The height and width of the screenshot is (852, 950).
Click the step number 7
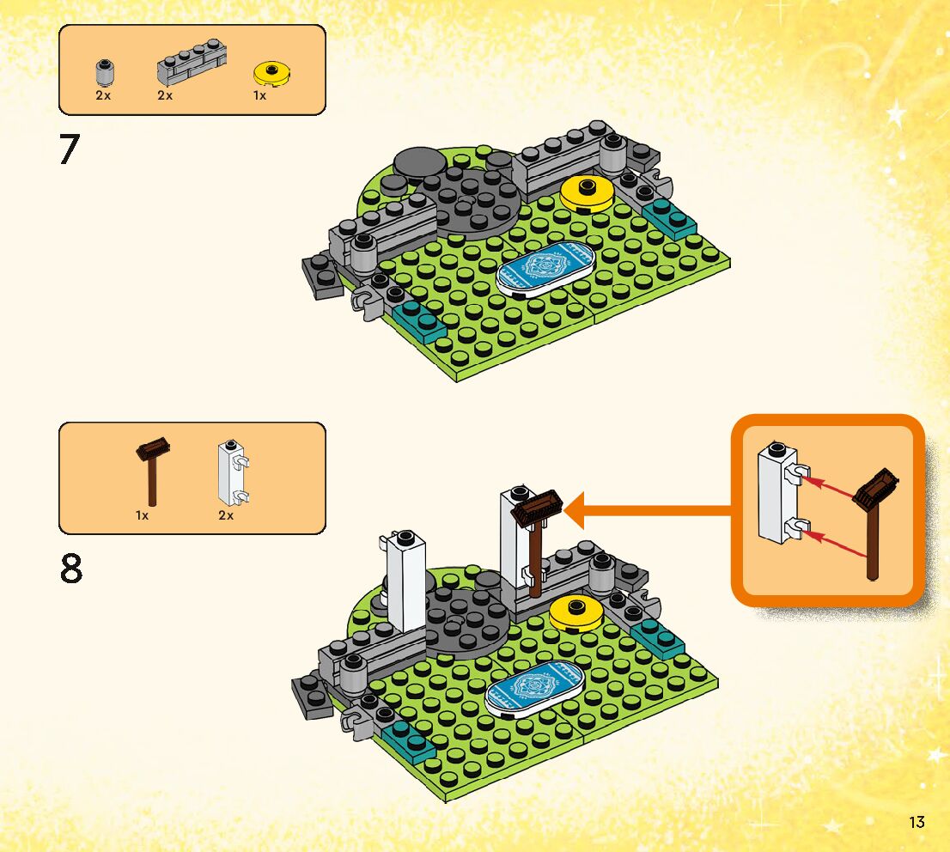(x=69, y=149)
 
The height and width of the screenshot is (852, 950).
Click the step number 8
(x=71, y=569)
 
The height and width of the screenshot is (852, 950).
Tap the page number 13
(x=916, y=822)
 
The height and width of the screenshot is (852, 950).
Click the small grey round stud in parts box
(x=103, y=72)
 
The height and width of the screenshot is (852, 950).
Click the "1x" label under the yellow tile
(x=259, y=95)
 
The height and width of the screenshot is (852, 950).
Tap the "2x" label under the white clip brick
(x=226, y=515)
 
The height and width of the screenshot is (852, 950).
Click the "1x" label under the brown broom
(x=143, y=515)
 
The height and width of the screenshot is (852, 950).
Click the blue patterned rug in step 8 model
(x=534, y=688)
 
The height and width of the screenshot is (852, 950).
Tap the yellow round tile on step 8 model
(x=575, y=612)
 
